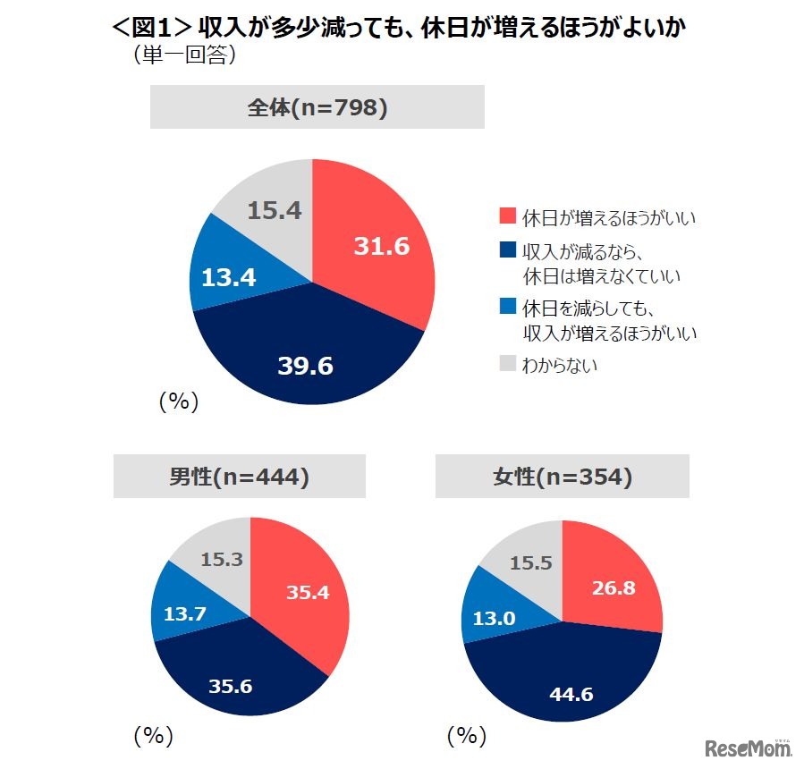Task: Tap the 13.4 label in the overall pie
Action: click(228, 277)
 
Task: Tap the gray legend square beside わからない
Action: click(508, 364)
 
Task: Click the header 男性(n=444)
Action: click(239, 477)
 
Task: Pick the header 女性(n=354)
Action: click(562, 477)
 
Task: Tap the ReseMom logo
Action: click(749, 748)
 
